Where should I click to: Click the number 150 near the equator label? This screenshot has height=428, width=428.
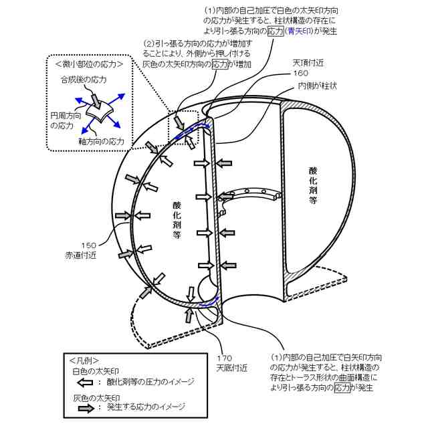point(90,245)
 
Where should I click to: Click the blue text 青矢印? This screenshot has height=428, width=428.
point(302,31)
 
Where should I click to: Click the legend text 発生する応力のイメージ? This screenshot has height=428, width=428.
point(146,407)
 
